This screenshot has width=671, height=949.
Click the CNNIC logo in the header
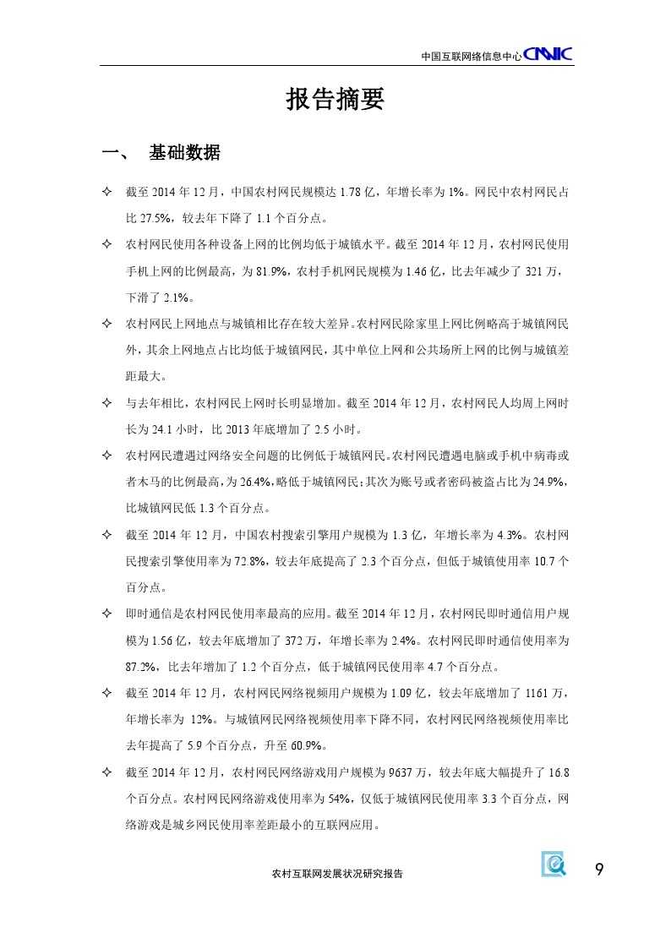click(x=548, y=54)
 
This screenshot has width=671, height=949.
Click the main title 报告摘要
click(x=335, y=101)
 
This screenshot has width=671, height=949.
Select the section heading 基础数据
click(x=184, y=153)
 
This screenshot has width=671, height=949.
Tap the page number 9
click(x=599, y=870)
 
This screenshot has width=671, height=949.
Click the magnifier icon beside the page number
click(x=554, y=864)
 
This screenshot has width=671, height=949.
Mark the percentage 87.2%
click(x=141, y=666)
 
